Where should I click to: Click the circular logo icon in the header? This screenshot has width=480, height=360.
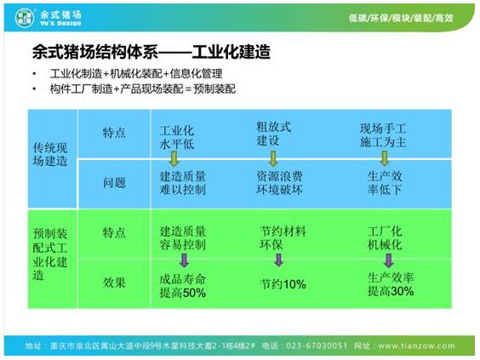(25, 18)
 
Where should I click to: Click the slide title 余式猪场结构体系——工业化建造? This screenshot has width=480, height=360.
(151, 52)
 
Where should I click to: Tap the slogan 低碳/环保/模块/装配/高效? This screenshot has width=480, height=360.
(401, 18)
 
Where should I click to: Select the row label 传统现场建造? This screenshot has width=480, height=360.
(50, 154)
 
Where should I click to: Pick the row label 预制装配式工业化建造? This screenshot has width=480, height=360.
(50, 254)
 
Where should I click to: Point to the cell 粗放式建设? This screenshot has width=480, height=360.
(274, 134)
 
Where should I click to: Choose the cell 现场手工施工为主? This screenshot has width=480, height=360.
(383, 135)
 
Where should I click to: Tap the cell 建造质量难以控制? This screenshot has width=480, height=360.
(183, 183)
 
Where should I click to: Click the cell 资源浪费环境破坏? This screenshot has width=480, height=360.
(279, 183)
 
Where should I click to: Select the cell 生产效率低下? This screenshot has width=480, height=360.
(385, 183)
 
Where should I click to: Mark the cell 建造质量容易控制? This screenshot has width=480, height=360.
(183, 237)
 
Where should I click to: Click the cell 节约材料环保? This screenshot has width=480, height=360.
(283, 237)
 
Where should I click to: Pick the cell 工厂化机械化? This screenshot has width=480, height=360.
(385, 237)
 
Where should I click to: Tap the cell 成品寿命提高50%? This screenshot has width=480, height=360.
(183, 286)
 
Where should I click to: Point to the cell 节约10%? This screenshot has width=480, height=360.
(283, 284)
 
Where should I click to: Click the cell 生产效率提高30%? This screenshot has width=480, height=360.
(391, 284)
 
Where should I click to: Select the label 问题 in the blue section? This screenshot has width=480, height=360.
(114, 183)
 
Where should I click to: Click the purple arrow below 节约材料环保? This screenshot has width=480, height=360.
(278, 260)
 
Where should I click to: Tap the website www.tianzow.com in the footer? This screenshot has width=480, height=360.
(416, 346)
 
